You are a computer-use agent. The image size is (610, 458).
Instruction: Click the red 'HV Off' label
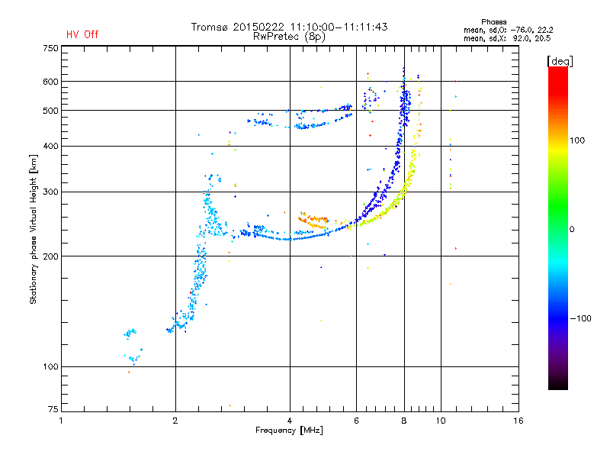click(x=82, y=34)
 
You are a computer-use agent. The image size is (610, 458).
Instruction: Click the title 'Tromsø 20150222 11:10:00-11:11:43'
click(x=289, y=27)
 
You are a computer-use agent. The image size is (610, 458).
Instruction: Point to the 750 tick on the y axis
click(x=50, y=47)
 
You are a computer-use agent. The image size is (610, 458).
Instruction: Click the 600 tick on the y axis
click(x=50, y=81)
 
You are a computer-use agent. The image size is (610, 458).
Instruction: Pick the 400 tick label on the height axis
click(x=50, y=146)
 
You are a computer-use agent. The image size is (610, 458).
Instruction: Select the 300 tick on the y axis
click(x=50, y=192)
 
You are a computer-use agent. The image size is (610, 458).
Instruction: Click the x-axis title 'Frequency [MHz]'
click(x=290, y=431)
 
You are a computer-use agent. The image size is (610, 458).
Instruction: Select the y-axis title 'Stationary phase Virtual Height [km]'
click(x=34, y=229)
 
